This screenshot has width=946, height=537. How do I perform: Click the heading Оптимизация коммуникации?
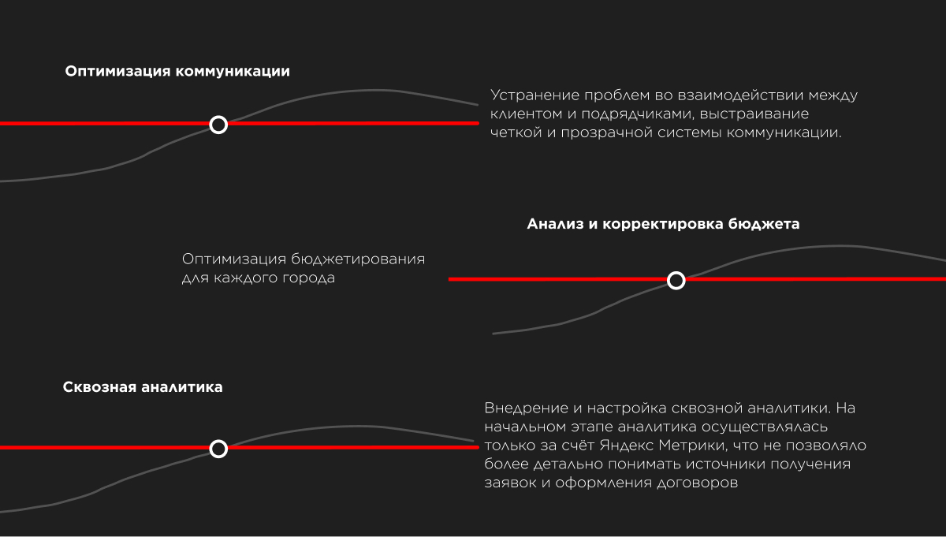(x=177, y=72)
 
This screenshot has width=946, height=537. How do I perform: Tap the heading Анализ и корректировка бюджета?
(x=663, y=224)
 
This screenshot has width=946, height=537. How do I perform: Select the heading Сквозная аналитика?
(x=143, y=387)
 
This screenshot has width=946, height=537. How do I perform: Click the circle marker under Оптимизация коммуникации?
(x=218, y=125)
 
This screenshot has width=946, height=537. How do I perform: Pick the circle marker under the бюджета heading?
(x=676, y=281)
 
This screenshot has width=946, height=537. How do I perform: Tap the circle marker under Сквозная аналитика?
(x=218, y=449)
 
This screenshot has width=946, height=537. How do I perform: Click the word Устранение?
(x=534, y=95)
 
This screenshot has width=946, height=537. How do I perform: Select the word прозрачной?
(x=606, y=133)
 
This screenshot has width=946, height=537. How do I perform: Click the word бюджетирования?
(x=358, y=259)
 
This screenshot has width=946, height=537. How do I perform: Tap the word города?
(x=308, y=278)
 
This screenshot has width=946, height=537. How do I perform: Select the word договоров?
(x=697, y=483)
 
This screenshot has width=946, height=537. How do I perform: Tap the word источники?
(x=725, y=464)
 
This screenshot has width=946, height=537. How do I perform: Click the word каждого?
(x=245, y=278)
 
